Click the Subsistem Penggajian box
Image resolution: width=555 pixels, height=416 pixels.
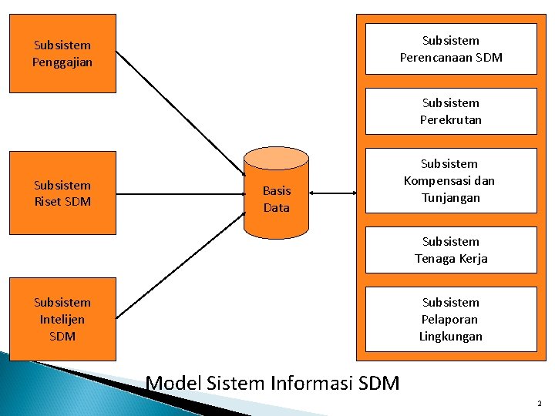(x=62, y=53)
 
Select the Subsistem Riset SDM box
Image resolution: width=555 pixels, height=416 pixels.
(x=62, y=193)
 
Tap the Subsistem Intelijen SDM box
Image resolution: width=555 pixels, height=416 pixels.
(x=62, y=319)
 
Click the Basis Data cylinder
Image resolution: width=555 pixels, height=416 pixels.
(x=276, y=193)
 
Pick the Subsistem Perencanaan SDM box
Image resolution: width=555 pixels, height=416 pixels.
(x=450, y=49)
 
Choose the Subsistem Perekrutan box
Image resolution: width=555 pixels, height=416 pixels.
(x=450, y=111)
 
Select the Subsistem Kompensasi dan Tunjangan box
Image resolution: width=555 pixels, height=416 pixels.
(x=450, y=181)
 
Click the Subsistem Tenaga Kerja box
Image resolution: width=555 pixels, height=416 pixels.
(x=450, y=250)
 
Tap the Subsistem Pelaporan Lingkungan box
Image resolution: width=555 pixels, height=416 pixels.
(x=450, y=319)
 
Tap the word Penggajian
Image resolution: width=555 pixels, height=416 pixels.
(x=62, y=62)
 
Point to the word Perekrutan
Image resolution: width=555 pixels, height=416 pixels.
(x=450, y=119)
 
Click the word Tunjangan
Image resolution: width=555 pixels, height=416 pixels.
(x=450, y=198)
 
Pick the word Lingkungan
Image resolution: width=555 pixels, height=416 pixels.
(x=450, y=336)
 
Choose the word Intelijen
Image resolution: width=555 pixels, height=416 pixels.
(x=62, y=319)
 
